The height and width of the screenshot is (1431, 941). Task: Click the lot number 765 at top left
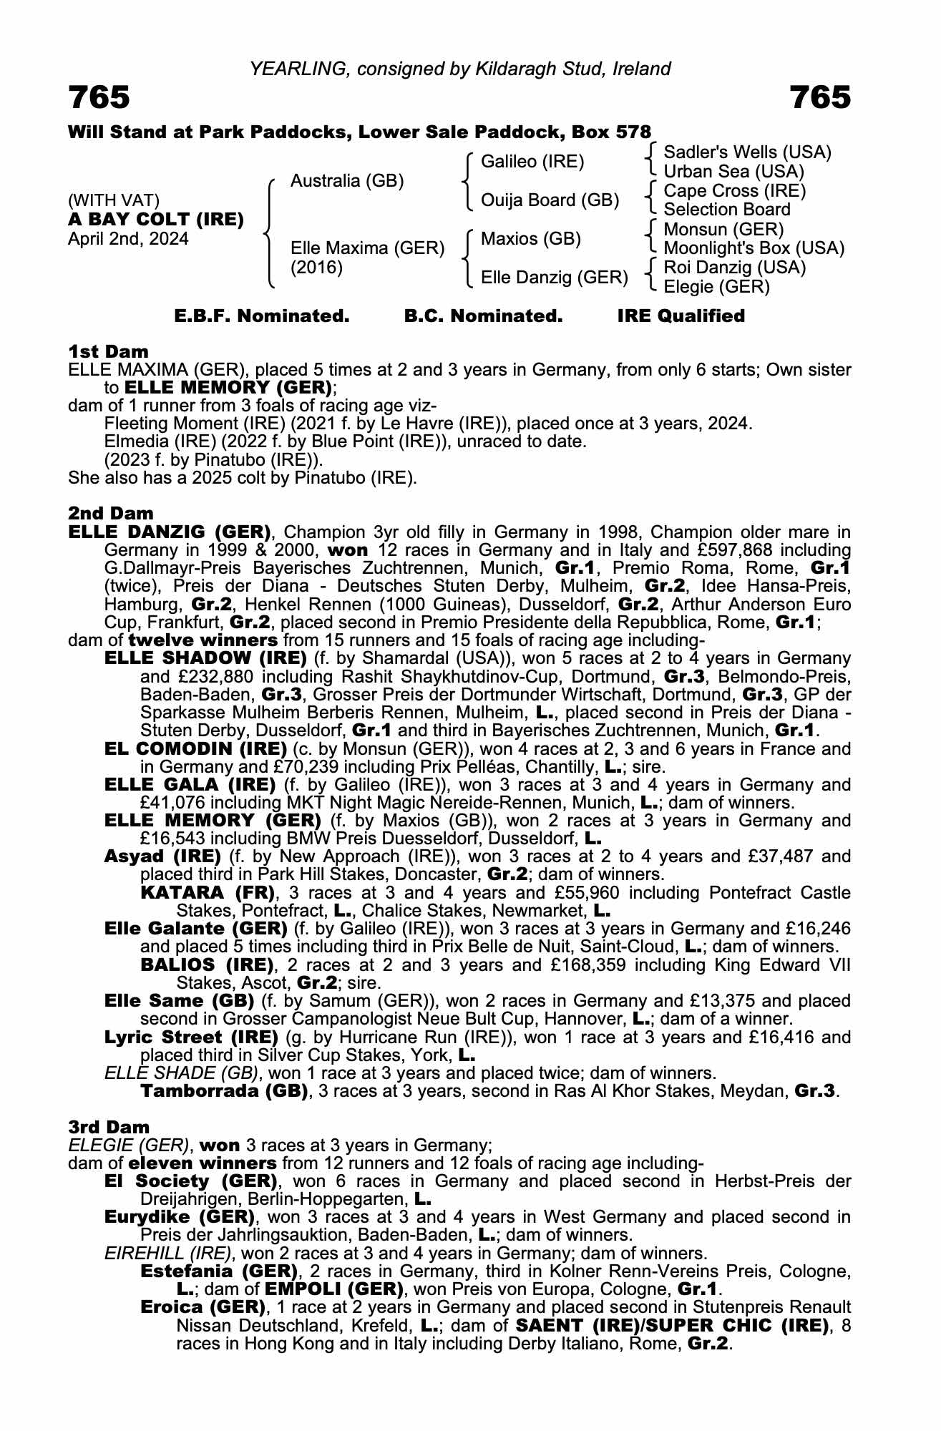pos(99,98)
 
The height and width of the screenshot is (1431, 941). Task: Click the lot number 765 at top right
pos(820,98)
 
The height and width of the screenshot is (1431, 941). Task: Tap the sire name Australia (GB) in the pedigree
pos(347,181)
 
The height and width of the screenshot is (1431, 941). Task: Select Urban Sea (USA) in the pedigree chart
pos(734,172)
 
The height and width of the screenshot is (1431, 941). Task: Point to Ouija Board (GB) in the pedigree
pos(550,200)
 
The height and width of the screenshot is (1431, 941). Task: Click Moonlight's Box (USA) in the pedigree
pos(754,248)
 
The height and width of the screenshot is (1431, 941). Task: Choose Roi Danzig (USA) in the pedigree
pos(735,268)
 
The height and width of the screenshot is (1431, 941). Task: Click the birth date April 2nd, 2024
pos(128,239)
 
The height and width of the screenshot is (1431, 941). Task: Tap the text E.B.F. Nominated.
pos(262,316)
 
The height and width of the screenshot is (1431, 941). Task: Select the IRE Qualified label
pos(681,316)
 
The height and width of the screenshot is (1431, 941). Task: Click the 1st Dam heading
pos(108,351)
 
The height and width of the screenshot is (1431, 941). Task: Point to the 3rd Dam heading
pos(109,1128)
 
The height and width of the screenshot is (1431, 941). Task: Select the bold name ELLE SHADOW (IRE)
pos(205,658)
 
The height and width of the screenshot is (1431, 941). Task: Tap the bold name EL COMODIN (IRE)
pos(195,749)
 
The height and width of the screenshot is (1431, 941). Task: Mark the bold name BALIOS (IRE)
pos(208,965)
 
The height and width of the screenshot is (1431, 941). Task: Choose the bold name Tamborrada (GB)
pos(224,1091)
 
